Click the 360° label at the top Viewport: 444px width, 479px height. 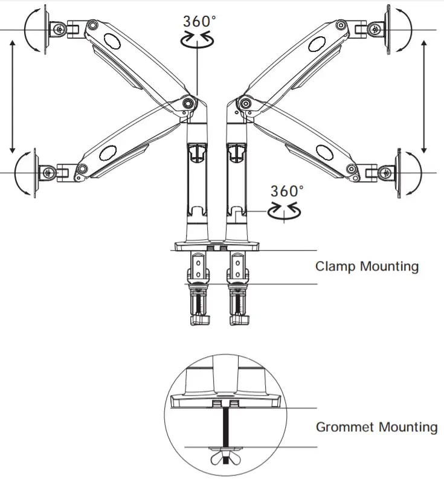[x=199, y=21]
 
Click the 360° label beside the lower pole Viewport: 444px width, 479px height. [x=286, y=191]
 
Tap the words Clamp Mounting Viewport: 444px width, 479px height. [x=367, y=266]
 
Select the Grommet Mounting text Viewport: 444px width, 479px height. [x=376, y=427]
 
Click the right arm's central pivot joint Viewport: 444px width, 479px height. [x=246, y=102]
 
